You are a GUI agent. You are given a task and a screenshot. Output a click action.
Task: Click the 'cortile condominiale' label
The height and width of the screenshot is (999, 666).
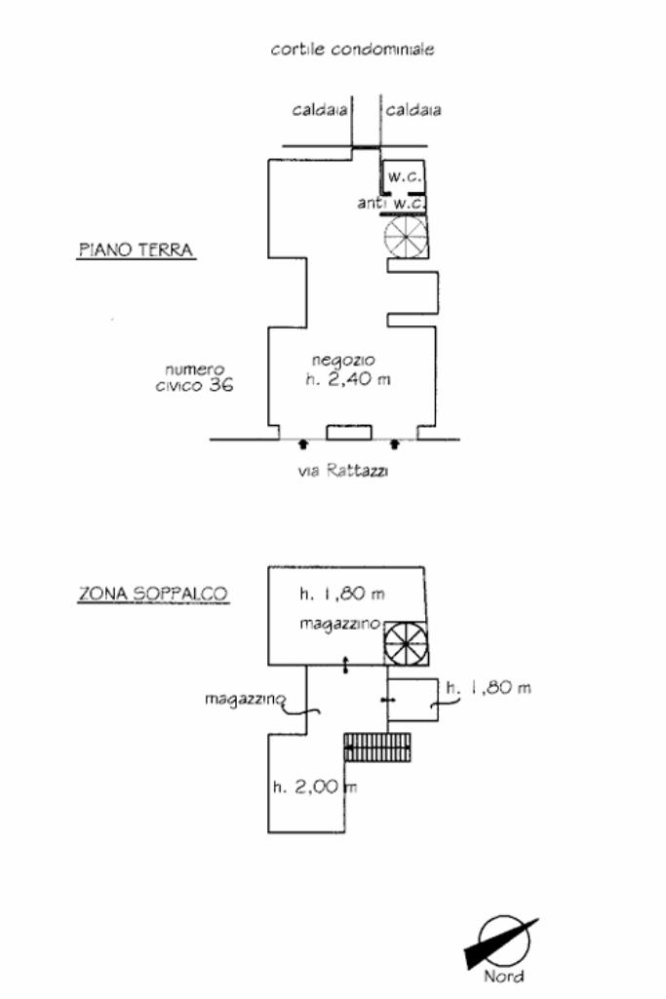(x=352, y=49)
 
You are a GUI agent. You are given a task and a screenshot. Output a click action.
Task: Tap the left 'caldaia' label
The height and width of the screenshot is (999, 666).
(x=319, y=110)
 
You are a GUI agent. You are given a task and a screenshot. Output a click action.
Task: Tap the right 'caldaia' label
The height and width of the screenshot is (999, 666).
(x=413, y=110)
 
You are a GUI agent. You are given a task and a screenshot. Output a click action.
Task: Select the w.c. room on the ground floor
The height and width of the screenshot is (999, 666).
(x=404, y=176)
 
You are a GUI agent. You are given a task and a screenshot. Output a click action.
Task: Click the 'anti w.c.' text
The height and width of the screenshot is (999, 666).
(x=391, y=204)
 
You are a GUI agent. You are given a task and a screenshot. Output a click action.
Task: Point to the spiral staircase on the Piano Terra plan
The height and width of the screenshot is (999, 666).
(x=406, y=237)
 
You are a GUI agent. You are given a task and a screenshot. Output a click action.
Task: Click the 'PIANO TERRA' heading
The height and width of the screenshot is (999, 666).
(x=136, y=250)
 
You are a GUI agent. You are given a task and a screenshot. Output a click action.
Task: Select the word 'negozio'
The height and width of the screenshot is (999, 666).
(x=343, y=361)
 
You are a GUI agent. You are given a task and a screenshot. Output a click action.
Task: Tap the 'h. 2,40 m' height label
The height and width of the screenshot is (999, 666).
(x=348, y=380)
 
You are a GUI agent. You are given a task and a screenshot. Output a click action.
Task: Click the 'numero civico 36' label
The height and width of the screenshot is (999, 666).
(x=194, y=377)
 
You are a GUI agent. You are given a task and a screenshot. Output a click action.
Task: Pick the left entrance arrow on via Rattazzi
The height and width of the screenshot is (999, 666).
(x=303, y=444)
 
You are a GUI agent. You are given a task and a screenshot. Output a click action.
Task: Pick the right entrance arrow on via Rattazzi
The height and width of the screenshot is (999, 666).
(x=395, y=444)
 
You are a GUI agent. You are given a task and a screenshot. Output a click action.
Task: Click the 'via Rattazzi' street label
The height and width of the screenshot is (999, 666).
(x=343, y=471)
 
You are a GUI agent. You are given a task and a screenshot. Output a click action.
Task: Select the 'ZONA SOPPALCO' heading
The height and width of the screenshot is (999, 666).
(x=153, y=594)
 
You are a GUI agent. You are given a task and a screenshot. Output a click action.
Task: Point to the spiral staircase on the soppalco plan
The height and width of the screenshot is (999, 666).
(x=407, y=643)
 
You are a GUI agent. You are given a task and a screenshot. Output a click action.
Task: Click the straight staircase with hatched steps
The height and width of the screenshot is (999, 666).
(x=376, y=747)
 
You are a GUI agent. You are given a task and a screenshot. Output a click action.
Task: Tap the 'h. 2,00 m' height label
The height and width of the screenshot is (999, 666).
(x=315, y=787)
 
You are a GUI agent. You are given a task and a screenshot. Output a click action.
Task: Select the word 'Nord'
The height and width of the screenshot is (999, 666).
(x=503, y=976)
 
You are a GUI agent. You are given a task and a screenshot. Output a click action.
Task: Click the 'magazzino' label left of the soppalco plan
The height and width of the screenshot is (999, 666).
(x=246, y=700)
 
